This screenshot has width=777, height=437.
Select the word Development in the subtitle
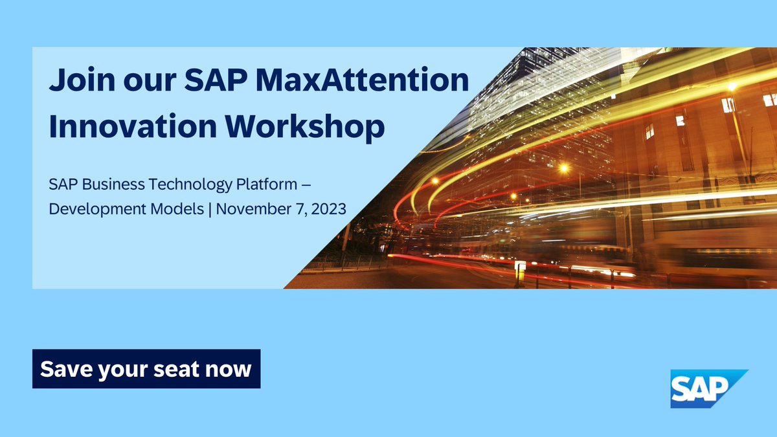click(89, 209)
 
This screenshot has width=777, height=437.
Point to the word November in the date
click(253, 209)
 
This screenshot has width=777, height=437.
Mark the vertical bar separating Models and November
click(210, 209)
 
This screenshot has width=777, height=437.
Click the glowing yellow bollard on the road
click(520, 271)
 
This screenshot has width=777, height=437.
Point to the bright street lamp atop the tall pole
click(732, 86)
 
